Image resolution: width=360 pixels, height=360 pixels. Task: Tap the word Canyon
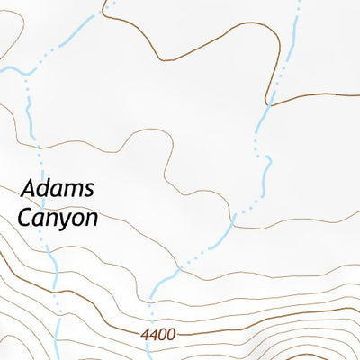[58, 218]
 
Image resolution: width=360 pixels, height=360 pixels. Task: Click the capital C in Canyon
[25, 218]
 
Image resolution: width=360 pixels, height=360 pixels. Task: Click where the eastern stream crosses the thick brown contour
[269, 100]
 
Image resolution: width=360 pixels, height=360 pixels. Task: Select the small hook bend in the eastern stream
[267, 160]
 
